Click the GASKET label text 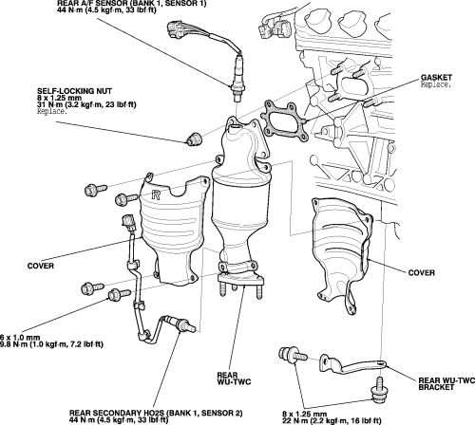[436, 78]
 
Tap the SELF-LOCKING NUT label [74, 91]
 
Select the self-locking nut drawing [193, 139]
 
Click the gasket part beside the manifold [284, 120]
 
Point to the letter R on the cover [156, 194]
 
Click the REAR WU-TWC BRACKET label [446, 383]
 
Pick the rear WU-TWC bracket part [352, 365]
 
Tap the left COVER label [40, 266]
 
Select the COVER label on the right [421, 273]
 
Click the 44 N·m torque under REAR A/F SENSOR [106, 9]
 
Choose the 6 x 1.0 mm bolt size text [20, 338]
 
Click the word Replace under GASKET [435, 84]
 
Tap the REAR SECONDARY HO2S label [156, 413]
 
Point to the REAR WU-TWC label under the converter [234, 379]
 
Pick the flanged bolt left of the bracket [293, 355]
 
